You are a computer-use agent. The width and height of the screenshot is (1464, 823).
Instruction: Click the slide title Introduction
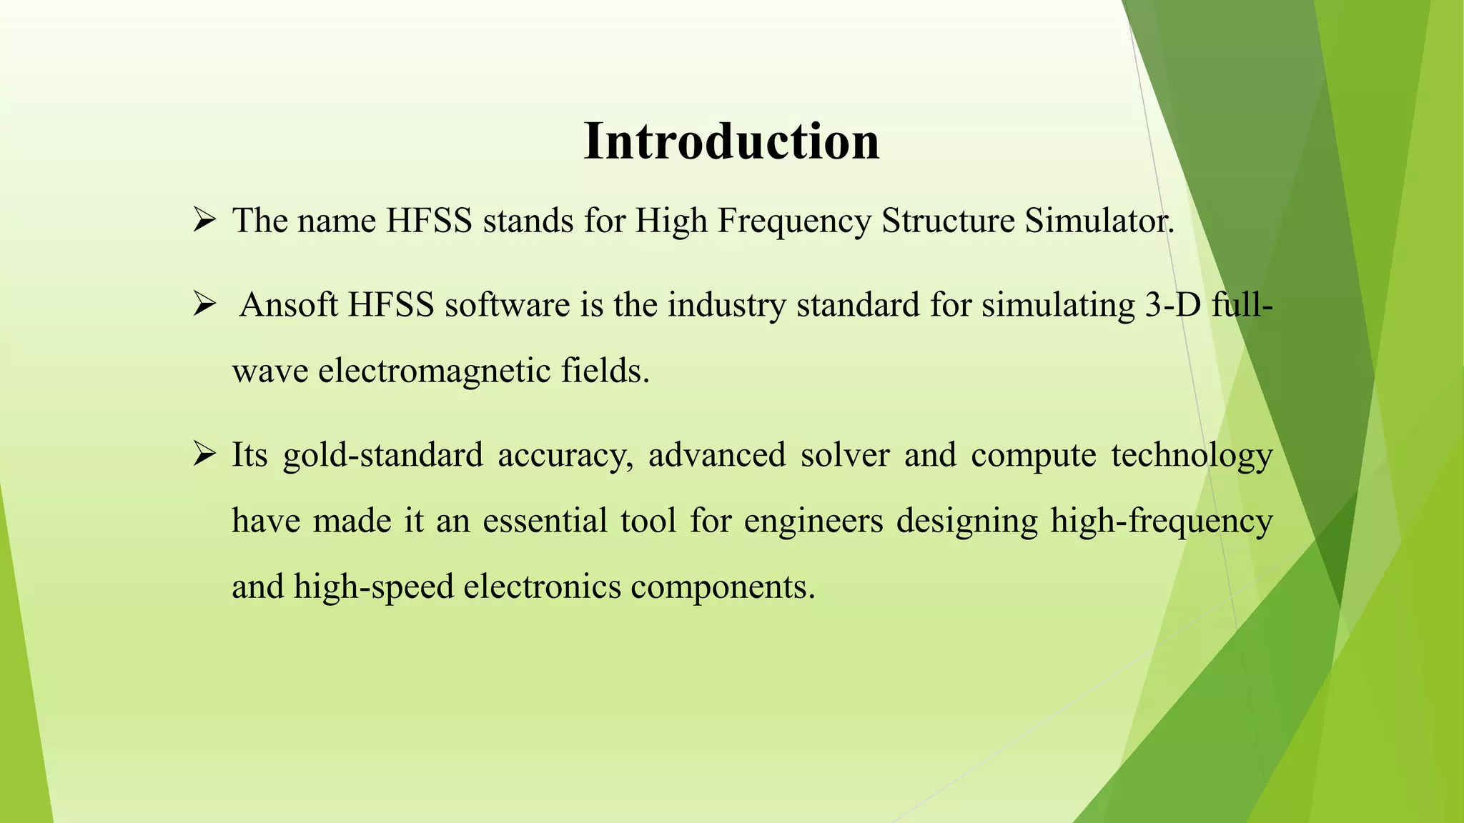(731, 141)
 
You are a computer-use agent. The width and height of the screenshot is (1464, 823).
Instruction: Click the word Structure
(947, 221)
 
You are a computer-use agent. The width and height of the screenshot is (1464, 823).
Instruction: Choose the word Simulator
(1099, 221)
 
